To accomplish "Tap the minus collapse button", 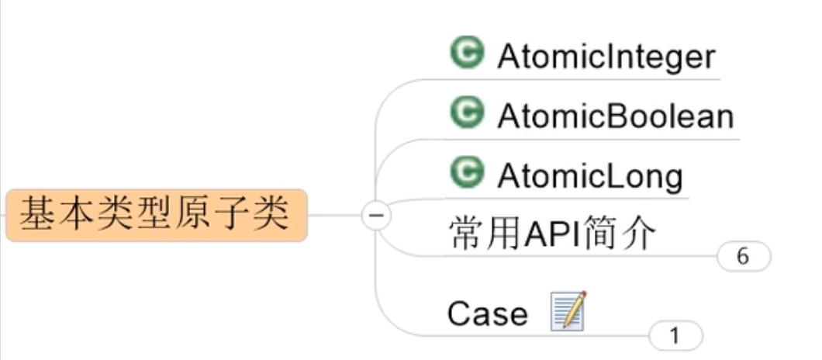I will click(376, 215).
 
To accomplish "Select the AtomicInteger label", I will click(606, 57).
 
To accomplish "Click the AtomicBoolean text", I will click(615, 116).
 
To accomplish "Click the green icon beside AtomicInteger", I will click(467, 53).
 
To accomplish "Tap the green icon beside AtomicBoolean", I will click(467, 112).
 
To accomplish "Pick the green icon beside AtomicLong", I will click(467, 172).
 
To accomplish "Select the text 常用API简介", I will click(553, 233).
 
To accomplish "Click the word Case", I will click(487, 314).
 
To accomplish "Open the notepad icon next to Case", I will click(568, 311).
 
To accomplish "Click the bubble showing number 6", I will click(744, 257).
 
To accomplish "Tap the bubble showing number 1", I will click(675, 336).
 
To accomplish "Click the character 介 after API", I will click(639, 233).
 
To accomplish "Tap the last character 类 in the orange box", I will click(271, 214).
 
